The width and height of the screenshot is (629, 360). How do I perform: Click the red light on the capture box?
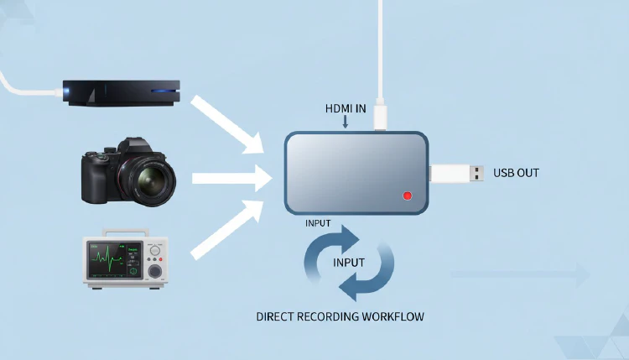tap(408, 196)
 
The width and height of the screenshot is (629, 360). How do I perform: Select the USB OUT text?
tap(516, 173)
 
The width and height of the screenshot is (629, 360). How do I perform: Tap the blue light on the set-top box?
tap(164, 91)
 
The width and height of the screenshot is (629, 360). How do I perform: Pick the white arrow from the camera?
tap(230, 178)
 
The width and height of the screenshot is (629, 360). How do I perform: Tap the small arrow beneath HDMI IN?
tap(345, 123)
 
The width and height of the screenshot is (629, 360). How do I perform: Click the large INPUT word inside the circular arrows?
tap(349, 262)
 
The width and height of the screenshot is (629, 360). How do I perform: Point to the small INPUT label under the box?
tap(318, 223)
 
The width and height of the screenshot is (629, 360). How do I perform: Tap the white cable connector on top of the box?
tap(382, 117)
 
